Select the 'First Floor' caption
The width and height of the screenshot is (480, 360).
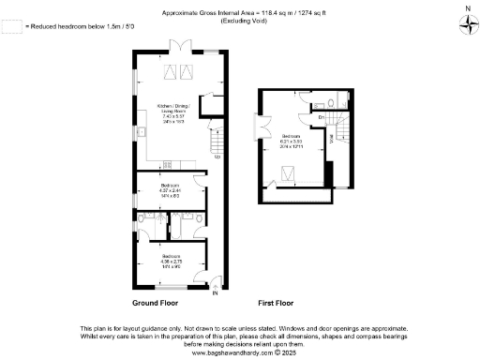pyautogui.click(x=276, y=305)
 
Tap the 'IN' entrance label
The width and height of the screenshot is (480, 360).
pyautogui.click(x=215, y=294)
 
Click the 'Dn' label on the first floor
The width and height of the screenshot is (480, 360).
pyautogui.click(x=322, y=116)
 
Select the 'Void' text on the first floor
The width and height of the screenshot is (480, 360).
pyautogui.click(x=331, y=138)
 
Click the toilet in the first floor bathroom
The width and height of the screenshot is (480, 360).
pyautogui.click(x=343, y=97)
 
